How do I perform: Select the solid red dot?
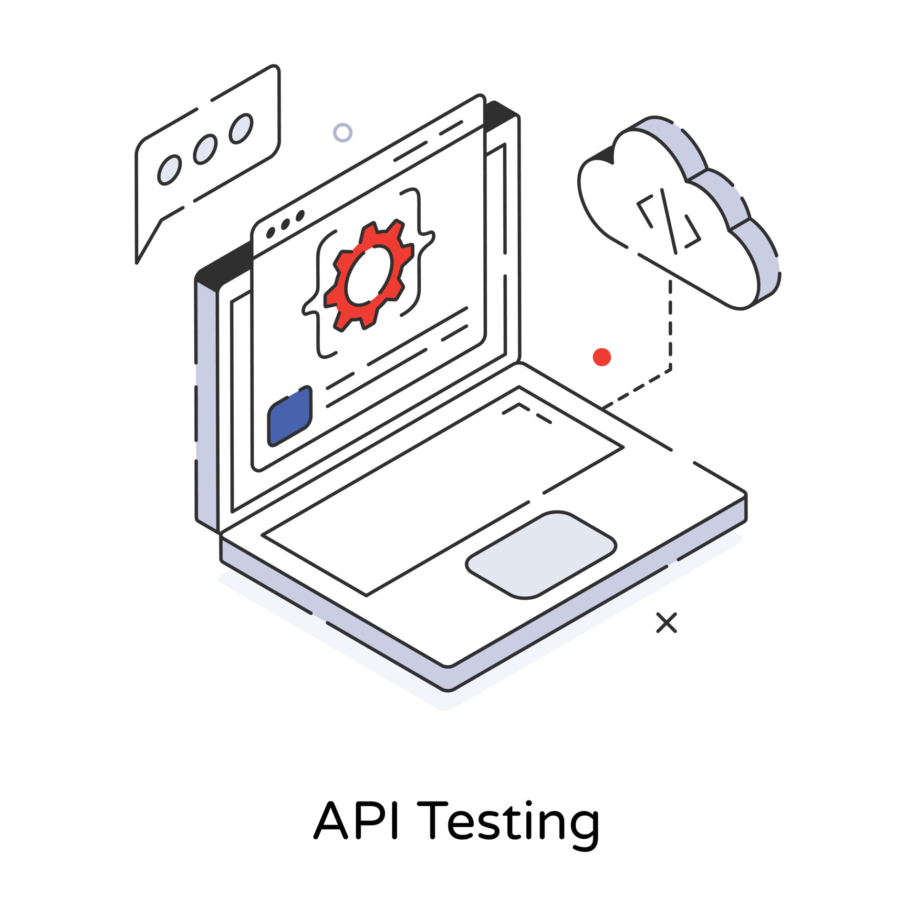pos(602,357)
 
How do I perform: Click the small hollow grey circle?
pos(343,133)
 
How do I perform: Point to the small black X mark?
pos(666,623)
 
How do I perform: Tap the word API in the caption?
pos(355,819)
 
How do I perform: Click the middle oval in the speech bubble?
pos(205,149)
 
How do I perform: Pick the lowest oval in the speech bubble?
pos(169,170)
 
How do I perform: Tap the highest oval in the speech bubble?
pos(241,129)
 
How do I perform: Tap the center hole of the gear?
pos(368,275)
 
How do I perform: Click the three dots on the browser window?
pos(285,224)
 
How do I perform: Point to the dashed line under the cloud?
pos(670,329)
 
